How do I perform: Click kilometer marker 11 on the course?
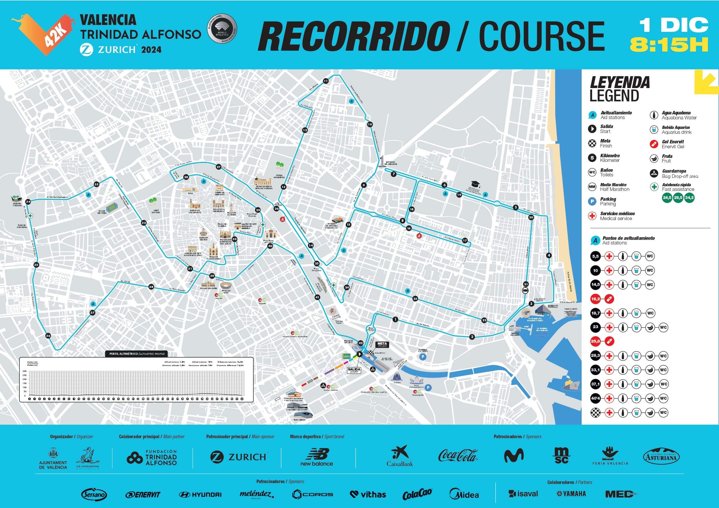[326, 81]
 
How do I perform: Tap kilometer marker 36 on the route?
[48, 336]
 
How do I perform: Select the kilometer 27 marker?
[219, 167]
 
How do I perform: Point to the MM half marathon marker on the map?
[526, 291]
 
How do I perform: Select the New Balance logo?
[316, 457]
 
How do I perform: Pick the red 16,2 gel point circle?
[595, 299]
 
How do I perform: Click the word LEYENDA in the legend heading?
[619, 82]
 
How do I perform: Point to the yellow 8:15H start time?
[669, 45]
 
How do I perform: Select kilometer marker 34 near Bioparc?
[28, 202]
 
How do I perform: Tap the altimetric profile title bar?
[136, 354]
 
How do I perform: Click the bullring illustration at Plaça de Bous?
[226, 286]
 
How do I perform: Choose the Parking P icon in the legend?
[592, 202]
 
